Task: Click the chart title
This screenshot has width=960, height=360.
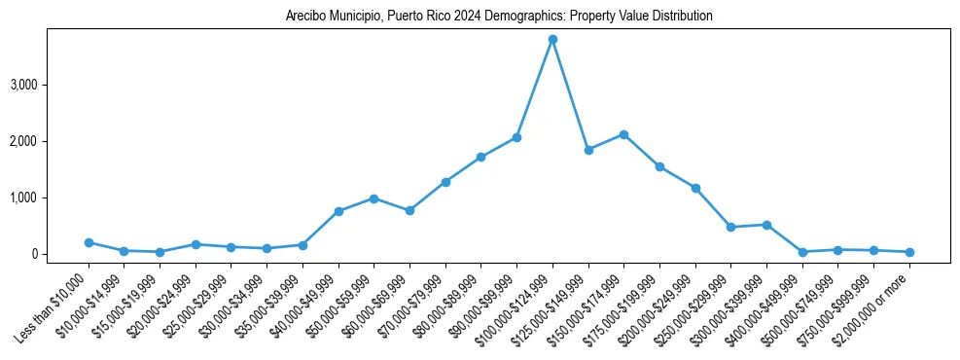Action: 499,17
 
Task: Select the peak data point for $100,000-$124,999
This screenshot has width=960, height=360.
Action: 552,40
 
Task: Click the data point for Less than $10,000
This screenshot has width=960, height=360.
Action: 89,242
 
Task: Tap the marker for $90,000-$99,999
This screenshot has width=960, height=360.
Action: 516,137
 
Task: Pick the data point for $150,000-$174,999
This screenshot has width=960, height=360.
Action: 623,134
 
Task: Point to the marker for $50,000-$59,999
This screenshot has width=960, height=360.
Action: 373,198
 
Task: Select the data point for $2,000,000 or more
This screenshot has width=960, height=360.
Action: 909,252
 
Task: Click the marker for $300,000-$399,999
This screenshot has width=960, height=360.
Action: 766,225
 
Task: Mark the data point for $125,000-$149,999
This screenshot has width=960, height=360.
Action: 588,150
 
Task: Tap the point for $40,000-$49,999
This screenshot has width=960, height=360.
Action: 338,211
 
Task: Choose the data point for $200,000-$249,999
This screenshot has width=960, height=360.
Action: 695,188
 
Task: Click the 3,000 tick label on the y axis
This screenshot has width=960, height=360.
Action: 51,85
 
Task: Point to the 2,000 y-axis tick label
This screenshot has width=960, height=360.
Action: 51,141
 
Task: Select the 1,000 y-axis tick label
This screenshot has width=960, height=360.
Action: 51,198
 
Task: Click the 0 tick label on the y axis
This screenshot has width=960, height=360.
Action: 61,254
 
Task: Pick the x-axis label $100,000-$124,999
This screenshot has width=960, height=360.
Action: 516,309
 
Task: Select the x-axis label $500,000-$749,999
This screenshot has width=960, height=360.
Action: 801,309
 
